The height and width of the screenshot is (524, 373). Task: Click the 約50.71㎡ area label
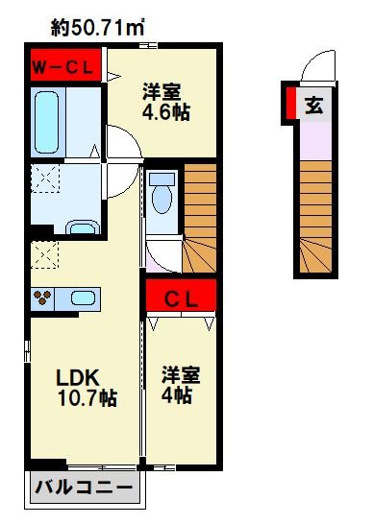tap(97, 28)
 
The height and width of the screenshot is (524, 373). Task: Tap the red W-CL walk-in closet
tap(65, 65)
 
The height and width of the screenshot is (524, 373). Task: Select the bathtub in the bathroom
tap(46, 122)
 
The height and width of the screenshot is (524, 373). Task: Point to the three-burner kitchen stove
tap(42, 298)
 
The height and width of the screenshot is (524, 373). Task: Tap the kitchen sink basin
tap(83, 298)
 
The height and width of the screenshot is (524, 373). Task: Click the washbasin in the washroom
tap(83, 227)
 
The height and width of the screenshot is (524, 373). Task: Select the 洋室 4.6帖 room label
tap(166, 102)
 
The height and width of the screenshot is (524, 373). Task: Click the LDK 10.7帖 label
tap(87, 388)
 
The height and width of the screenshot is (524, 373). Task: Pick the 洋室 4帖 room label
tap(181, 385)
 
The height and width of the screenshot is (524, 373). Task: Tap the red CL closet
tap(181, 296)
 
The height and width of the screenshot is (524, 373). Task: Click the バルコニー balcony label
tap(84, 488)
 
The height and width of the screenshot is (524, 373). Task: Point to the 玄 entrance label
tap(314, 106)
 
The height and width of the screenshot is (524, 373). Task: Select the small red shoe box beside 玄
tap(291, 103)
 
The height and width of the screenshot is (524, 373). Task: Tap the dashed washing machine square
tap(45, 179)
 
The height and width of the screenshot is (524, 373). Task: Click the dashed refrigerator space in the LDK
tap(44, 254)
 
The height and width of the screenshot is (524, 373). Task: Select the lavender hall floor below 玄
tap(315, 141)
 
